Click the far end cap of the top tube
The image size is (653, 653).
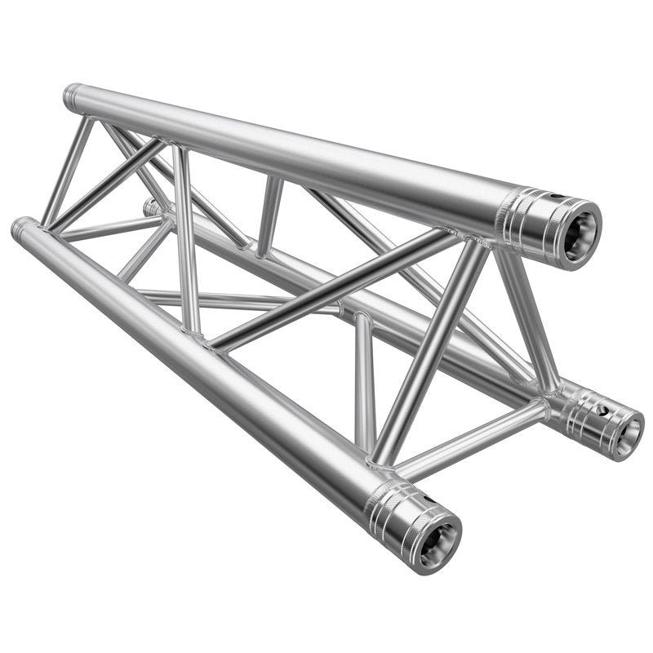point(72,97)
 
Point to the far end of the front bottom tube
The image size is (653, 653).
point(22,227)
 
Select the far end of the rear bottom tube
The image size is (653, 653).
point(151,207)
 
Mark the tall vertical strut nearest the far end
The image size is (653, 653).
point(186,237)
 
